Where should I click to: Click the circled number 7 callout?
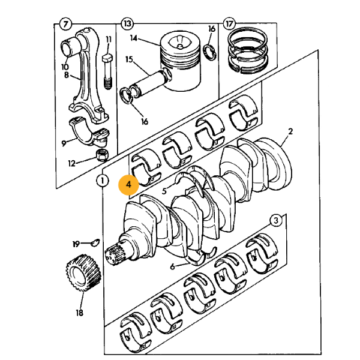(x=65, y=24)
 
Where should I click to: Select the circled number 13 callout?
(x=127, y=24)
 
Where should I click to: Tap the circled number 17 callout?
(x=229, y=24)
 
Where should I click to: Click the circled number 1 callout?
(x=103, y=180)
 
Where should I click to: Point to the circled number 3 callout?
(x=275, y=220)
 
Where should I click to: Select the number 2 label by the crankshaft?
(x=290, y=131)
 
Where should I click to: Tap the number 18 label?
(x=79, y=312)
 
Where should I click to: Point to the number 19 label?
(x=76, y=244)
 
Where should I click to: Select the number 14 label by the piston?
(x=133, y=38)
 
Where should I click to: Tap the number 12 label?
(x=72, y=163)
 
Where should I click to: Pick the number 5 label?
(x=164, y=191)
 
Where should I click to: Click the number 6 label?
(x=172, y=266)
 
